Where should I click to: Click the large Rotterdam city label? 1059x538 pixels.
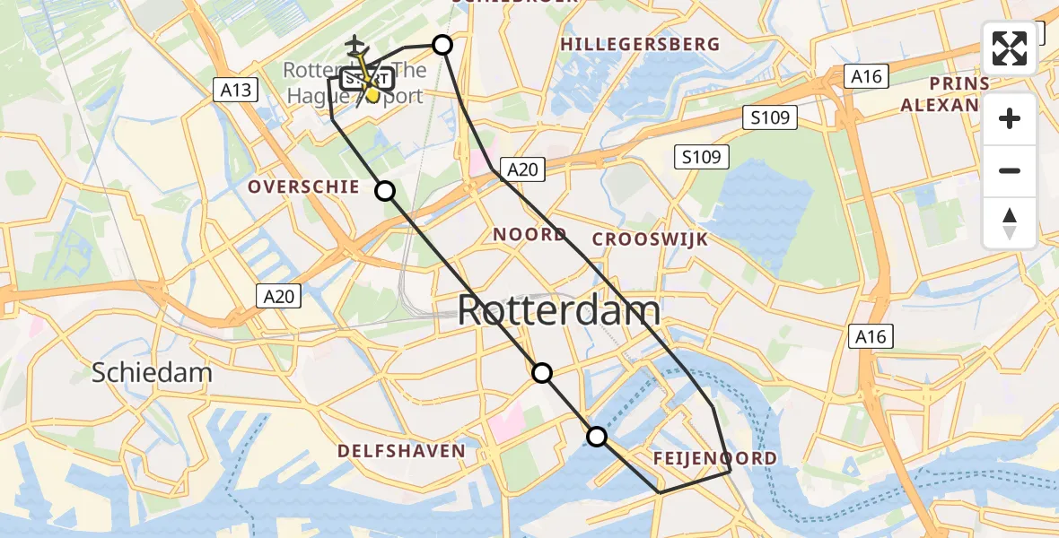point(558,311)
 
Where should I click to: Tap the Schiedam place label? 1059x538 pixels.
point(152,373)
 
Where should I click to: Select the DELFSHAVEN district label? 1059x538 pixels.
point(401,451)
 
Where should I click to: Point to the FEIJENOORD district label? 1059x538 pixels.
point(713,459)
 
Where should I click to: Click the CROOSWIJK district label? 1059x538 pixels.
point(650,239)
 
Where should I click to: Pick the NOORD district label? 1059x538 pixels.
point(529,235)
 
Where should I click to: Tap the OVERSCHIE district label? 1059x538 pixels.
point(304,187)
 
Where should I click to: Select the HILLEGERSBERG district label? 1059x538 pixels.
point(640,44)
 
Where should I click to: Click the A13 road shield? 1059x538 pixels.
point(236,90)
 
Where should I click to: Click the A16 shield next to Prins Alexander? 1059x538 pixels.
point(866,77)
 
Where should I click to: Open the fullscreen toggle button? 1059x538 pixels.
point(1010,48)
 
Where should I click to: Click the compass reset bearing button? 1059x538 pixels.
point(1010,223)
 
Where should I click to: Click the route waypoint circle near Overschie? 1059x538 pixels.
point(385,190)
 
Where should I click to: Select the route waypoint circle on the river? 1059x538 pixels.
point(596,437)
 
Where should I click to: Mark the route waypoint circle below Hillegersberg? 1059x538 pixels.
point(442,45)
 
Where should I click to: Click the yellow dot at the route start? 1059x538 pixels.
point(372,93)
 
